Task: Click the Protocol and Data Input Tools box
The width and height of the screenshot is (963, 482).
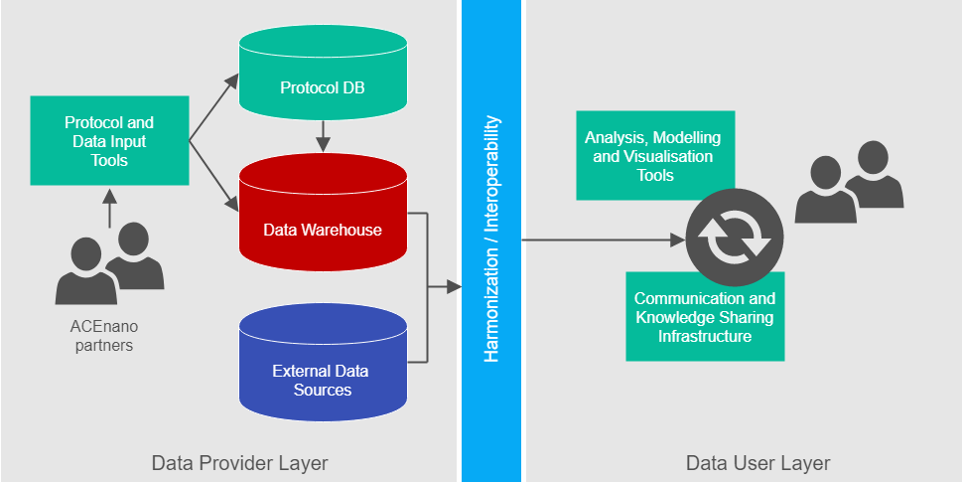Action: tap(109, 140)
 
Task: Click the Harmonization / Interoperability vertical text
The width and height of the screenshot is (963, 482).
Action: tap(491, 239)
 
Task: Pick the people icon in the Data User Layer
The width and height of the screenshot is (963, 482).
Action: tap(849, 181)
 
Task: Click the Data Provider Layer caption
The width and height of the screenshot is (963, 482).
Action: tap(239, 463)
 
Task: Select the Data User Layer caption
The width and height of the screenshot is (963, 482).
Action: tap(757, 463)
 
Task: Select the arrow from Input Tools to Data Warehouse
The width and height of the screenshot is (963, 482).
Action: tap(212, 174)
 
